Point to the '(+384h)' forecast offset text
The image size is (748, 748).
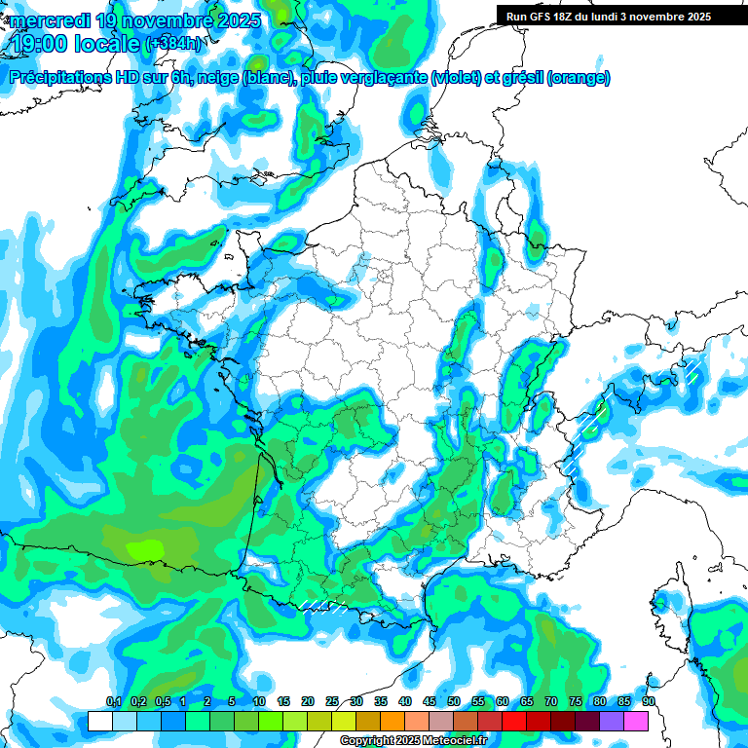pyautogui.click(x=174, y=44)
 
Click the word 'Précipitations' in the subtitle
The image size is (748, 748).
pyautogui.click(x=64, y=78)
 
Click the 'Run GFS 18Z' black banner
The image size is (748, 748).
pyautogui.click(x=609, y=17)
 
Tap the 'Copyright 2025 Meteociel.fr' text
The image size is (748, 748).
pyautogui.click(x=414, y=741)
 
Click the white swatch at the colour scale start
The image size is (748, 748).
pyautogui.click(x=99, y=721)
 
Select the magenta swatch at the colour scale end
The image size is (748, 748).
pyautogui.click(x=636, y=721)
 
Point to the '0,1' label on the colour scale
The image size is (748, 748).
pyautogui.click(x=113, y=702)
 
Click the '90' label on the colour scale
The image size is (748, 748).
pyautogui.click(x=649, y=702)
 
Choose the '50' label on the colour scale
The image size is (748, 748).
pyautogui.click(x=454, y=702)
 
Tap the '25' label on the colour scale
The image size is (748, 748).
pyautogui.click(x=332, y=702)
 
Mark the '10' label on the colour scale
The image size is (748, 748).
pyautogui.click(x=259, y=702)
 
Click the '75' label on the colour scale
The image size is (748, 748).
pyautogui.click(x=576, y=702)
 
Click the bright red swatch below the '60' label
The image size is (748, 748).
pyautogui.click(x=514, y=721)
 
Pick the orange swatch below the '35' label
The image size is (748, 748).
pyautogui.click(x=393, y=721)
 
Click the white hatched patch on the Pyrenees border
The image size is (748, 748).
pyautogui.click(x=324, y=606)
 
